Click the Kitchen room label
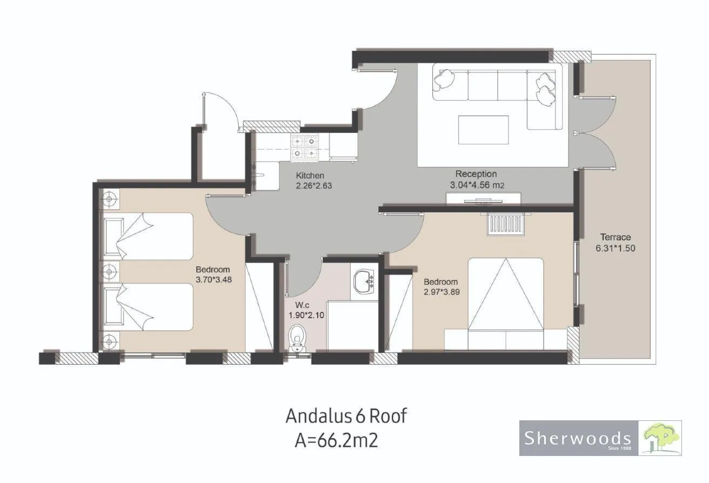click(310, 176)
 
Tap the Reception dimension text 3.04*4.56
click(470, 185)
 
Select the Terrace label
click(616, 237)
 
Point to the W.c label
click(302, 305)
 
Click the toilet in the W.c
click(297, 338)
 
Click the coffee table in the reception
click(483, 130)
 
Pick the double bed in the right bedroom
click(505, 304)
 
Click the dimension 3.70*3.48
click(213, 280)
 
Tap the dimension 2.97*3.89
click(442, 292)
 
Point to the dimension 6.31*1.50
click(616, 248)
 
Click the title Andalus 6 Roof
click(346, 416)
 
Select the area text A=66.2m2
click(336, 440)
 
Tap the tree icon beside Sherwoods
click(660, 438)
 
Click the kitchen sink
click(266, 176)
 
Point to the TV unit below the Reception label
click(483, 199)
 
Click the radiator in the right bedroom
click(506, 225)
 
